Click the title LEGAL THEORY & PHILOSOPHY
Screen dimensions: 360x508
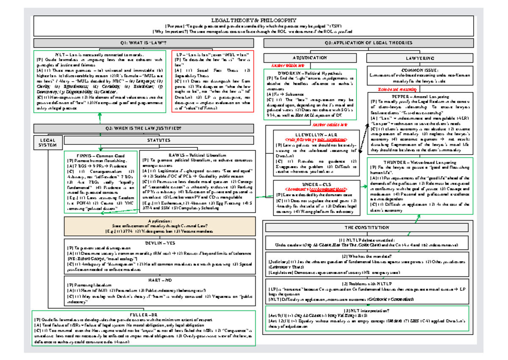(254, 20)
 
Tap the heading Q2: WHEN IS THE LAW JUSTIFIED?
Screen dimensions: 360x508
(145, 128)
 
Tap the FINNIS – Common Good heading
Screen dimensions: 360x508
(100, 155)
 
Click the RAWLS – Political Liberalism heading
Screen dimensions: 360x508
(198, 155)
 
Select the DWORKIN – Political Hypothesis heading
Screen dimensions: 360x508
(310, 73)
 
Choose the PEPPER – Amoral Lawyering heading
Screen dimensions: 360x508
(414, 97)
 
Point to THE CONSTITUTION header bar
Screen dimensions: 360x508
(367, 227)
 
